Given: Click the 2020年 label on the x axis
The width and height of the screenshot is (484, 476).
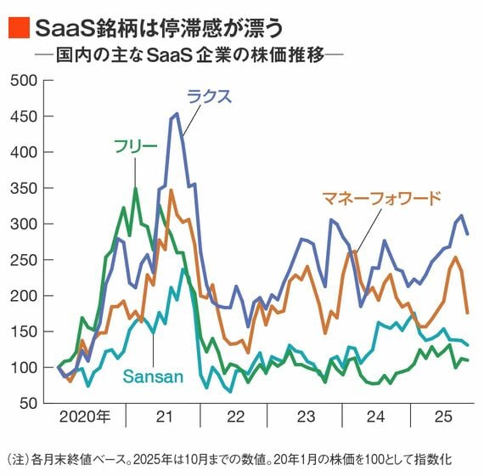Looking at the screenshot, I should coord(85,416).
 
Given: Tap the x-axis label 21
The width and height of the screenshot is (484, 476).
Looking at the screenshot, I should coord(164,416).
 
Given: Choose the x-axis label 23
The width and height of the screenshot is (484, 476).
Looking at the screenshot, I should coord(307,416).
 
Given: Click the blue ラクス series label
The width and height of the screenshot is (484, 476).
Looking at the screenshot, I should coord(209,96).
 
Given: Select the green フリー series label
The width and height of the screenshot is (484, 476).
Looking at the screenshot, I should coord(136,146).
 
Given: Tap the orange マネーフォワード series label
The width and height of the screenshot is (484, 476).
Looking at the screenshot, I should coord(382,199).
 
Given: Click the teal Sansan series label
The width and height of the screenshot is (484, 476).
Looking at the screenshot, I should coord(153,375).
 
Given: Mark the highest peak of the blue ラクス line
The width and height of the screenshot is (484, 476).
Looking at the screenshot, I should coord(176,114).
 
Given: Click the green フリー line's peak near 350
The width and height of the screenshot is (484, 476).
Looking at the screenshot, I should coord(135,188).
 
